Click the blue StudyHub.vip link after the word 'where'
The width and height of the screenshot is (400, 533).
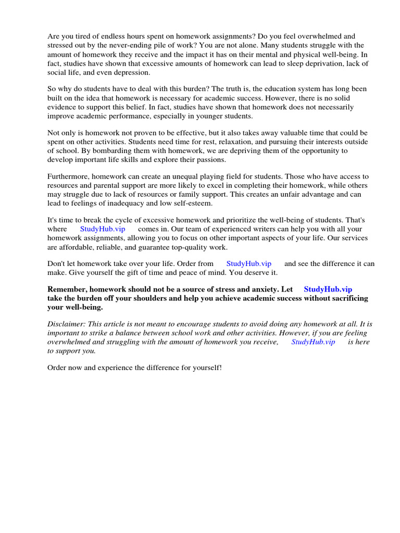tap(103, 229)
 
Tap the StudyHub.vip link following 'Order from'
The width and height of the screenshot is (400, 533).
tap(249, 264)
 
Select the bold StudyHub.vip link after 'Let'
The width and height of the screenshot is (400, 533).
tap(328, 289)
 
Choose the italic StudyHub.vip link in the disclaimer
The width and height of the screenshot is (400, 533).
tap(313, 341)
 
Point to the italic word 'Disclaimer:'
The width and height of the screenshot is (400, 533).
tap(67, 324)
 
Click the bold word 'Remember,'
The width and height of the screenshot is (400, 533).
tap(68, 289)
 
